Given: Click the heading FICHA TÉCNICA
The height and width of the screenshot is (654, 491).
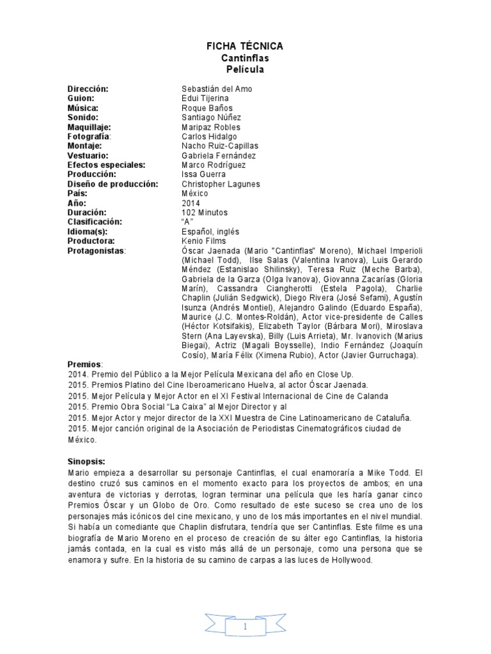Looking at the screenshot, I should pyautogui.click(x=245, y=47).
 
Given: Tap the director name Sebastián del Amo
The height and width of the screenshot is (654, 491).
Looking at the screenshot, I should pyautogui.click(x=217, y=89).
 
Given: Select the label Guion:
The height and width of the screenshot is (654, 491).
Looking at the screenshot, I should pyautogui.click(x=81, y=98).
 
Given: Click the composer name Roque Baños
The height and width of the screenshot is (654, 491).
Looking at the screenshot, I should pyautogui.click(x=208, y=108).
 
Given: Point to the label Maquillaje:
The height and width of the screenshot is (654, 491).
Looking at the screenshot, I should pyautogui.click(x=91, y=127).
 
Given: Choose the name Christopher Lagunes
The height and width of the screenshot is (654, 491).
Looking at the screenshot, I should pyautogui.click(x=221, y=184).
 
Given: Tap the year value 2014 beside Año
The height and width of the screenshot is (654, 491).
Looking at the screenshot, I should pyautogui.click(x=191, y=203).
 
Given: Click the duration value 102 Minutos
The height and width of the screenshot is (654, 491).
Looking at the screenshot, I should pyautogui.click(x=205, y=212).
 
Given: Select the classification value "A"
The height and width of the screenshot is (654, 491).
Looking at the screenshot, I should pyautogui.click(x=187, y=222).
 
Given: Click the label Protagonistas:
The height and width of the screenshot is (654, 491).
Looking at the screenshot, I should pyautogui.click(x=97, y=250).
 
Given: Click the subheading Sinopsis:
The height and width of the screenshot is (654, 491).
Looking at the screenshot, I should pyautogui.click(x=86, y=460).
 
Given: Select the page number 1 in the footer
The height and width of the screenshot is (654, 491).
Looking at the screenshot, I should pyautogui.click(x=245, y=627).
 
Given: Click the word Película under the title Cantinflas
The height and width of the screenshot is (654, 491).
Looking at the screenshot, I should pyautogui.click(x=245, y=69).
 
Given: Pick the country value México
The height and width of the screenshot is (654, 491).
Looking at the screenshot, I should pyautogui.click(x=195, y=194).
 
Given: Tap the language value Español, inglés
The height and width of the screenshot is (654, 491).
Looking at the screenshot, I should pyautogui.click(x=210, y=231).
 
